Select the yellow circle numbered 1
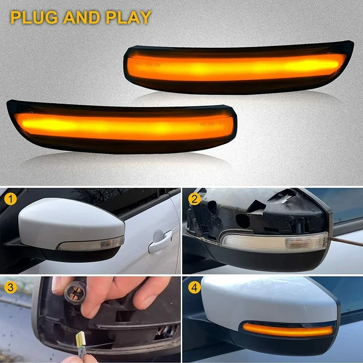(9, 199)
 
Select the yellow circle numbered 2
(195, 199)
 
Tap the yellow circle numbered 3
(9, 287)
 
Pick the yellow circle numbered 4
(195, 287)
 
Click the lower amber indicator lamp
(122, 126)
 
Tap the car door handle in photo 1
(159, 242)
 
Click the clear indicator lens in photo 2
(272, 242)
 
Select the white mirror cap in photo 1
(68, 221)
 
